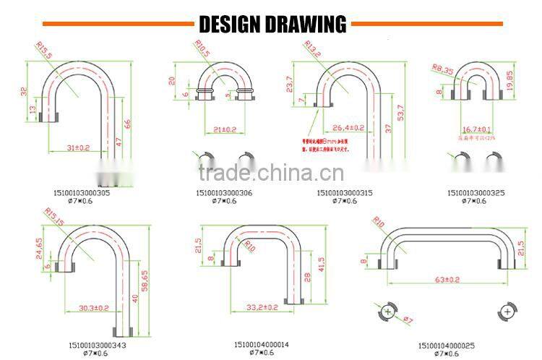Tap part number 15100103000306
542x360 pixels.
[224, 193]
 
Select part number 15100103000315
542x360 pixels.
[345, 193]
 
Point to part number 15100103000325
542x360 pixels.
[476, 193]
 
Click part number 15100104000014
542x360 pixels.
[261, 344]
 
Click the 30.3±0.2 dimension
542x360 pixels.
[94, 307]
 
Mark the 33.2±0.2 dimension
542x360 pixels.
[262, 307]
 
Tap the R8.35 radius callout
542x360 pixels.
[441, 69]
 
